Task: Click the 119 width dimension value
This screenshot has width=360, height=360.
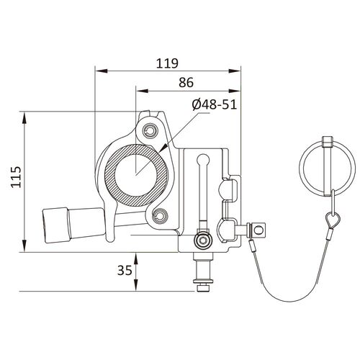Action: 167,62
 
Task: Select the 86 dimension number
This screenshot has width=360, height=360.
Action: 187,84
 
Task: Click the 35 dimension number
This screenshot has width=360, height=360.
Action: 124,271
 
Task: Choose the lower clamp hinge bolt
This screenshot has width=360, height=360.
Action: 160,214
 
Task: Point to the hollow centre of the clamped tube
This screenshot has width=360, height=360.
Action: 136,173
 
